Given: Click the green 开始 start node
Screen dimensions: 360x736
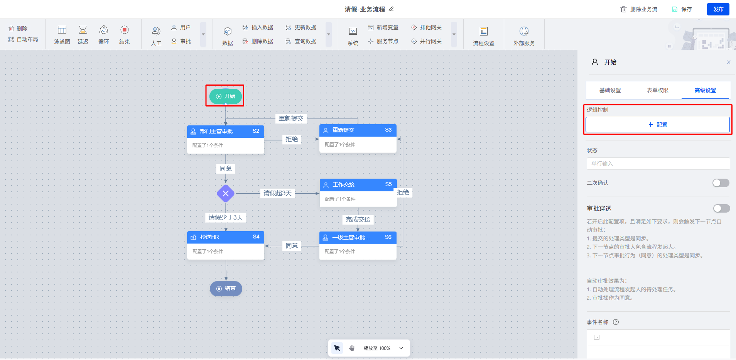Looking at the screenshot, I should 226,96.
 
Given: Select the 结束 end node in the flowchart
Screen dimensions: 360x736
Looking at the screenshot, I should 226,289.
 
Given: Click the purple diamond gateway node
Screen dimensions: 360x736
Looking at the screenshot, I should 226,193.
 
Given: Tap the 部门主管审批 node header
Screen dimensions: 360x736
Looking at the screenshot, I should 225,131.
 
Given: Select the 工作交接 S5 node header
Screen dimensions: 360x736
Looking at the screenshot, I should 358,184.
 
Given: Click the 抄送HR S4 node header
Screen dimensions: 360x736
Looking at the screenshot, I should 225,237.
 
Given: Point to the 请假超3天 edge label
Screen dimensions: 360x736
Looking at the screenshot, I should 277,193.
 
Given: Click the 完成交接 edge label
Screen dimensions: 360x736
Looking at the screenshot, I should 358,220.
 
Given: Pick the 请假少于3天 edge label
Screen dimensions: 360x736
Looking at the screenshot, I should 226,218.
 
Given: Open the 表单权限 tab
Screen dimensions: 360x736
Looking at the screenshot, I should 657,90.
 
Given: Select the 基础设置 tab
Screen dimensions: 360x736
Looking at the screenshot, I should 610,90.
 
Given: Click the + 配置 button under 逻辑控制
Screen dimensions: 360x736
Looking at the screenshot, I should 657,125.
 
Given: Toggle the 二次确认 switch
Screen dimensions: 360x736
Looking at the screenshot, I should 721,183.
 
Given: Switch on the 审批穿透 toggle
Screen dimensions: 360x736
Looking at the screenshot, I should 721,208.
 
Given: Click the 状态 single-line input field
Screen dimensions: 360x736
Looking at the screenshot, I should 658,164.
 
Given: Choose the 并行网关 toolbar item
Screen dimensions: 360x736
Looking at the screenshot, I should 426,41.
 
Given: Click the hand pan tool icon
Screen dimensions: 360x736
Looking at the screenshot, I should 352,348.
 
